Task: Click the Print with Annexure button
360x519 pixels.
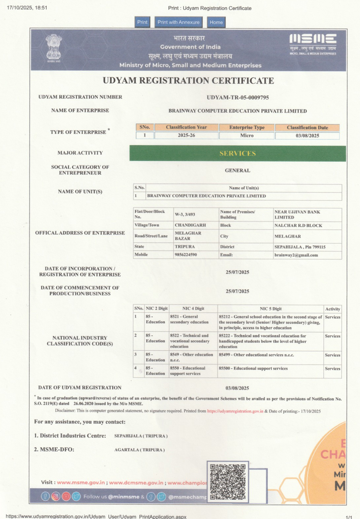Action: point(178,22)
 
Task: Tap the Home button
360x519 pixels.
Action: point(216,22)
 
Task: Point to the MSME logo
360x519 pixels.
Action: point(313,43)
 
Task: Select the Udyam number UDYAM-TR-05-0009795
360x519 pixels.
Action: point(238,97)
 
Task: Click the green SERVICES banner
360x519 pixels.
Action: point(238,153)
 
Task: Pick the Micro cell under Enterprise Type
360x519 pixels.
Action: point(247,136)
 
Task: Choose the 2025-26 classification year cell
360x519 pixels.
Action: point(186,135)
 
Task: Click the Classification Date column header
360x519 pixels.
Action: point(307,127)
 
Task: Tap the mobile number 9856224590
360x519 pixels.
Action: point(186,255)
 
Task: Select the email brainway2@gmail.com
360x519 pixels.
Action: point(296,255)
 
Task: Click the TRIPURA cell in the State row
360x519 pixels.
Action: point(185,247)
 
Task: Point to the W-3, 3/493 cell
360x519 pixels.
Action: point(185,214)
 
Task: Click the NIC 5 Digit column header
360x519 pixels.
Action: point(270,309)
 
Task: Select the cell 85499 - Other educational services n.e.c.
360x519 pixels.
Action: point(256,355)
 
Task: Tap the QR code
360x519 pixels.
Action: point(228,482)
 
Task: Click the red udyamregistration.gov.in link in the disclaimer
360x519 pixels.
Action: point(235,411)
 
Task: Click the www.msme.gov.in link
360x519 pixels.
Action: point(81,482)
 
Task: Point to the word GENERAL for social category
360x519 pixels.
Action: point(238,170)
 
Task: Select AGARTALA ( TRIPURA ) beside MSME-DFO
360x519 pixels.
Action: point(139,450)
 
